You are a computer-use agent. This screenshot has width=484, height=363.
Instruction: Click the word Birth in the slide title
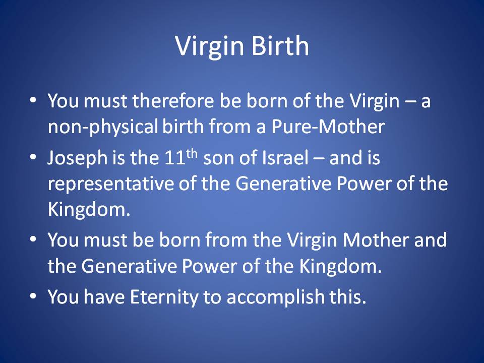click(280, 46)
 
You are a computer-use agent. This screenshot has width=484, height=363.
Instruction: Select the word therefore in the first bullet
click(173, 101)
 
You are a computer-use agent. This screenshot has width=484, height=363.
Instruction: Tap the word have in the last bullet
click(104, 297)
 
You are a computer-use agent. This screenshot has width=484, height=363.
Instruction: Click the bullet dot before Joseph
click(33, 157)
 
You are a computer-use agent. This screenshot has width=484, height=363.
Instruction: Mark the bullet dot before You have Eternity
click(33, 296)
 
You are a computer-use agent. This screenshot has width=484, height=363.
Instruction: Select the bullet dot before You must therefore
click(33, 100)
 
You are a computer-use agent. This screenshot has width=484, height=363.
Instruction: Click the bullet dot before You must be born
click(33, 239)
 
